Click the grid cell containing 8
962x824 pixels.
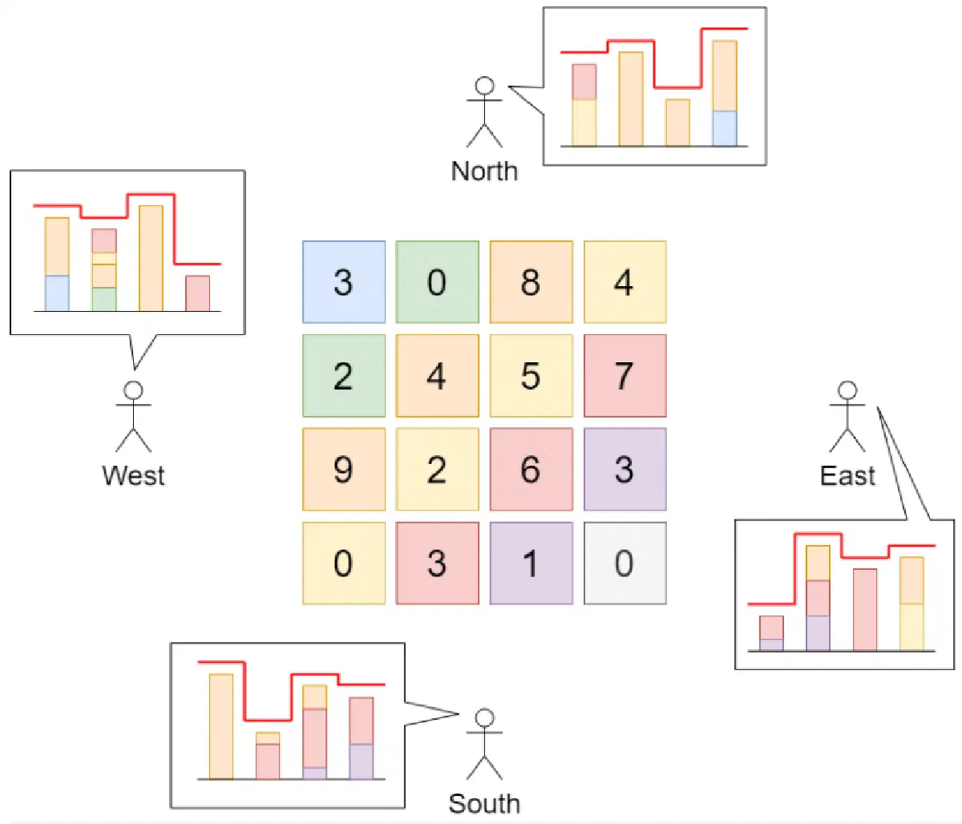tap(531, 281)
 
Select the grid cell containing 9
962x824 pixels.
tap(343, 469)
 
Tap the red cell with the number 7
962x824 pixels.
tap(624, 375)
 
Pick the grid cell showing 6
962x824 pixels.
tap(531, 469)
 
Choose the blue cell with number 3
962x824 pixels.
tap(343, 281)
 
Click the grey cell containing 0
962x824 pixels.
tap(624, 563)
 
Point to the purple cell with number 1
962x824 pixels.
tap(531, 563)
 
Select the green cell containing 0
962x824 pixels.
tap(437, 281)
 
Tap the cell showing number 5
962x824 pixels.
tap(531, 375)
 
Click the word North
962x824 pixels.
tap(484, 171)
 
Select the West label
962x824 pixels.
tap(133, 475)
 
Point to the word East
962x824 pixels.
tap(847, 475)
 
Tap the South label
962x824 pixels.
tap(484, 803)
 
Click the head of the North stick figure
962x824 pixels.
tap(484, 86)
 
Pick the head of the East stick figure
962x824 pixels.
tap(847, 390)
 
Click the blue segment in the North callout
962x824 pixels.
tap(724, 128)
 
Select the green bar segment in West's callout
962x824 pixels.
tap(103, 299)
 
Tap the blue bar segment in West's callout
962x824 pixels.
tap(57, 293)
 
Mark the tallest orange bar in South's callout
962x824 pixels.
tap(221, 726)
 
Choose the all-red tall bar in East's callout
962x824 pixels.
tap(864, 609)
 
